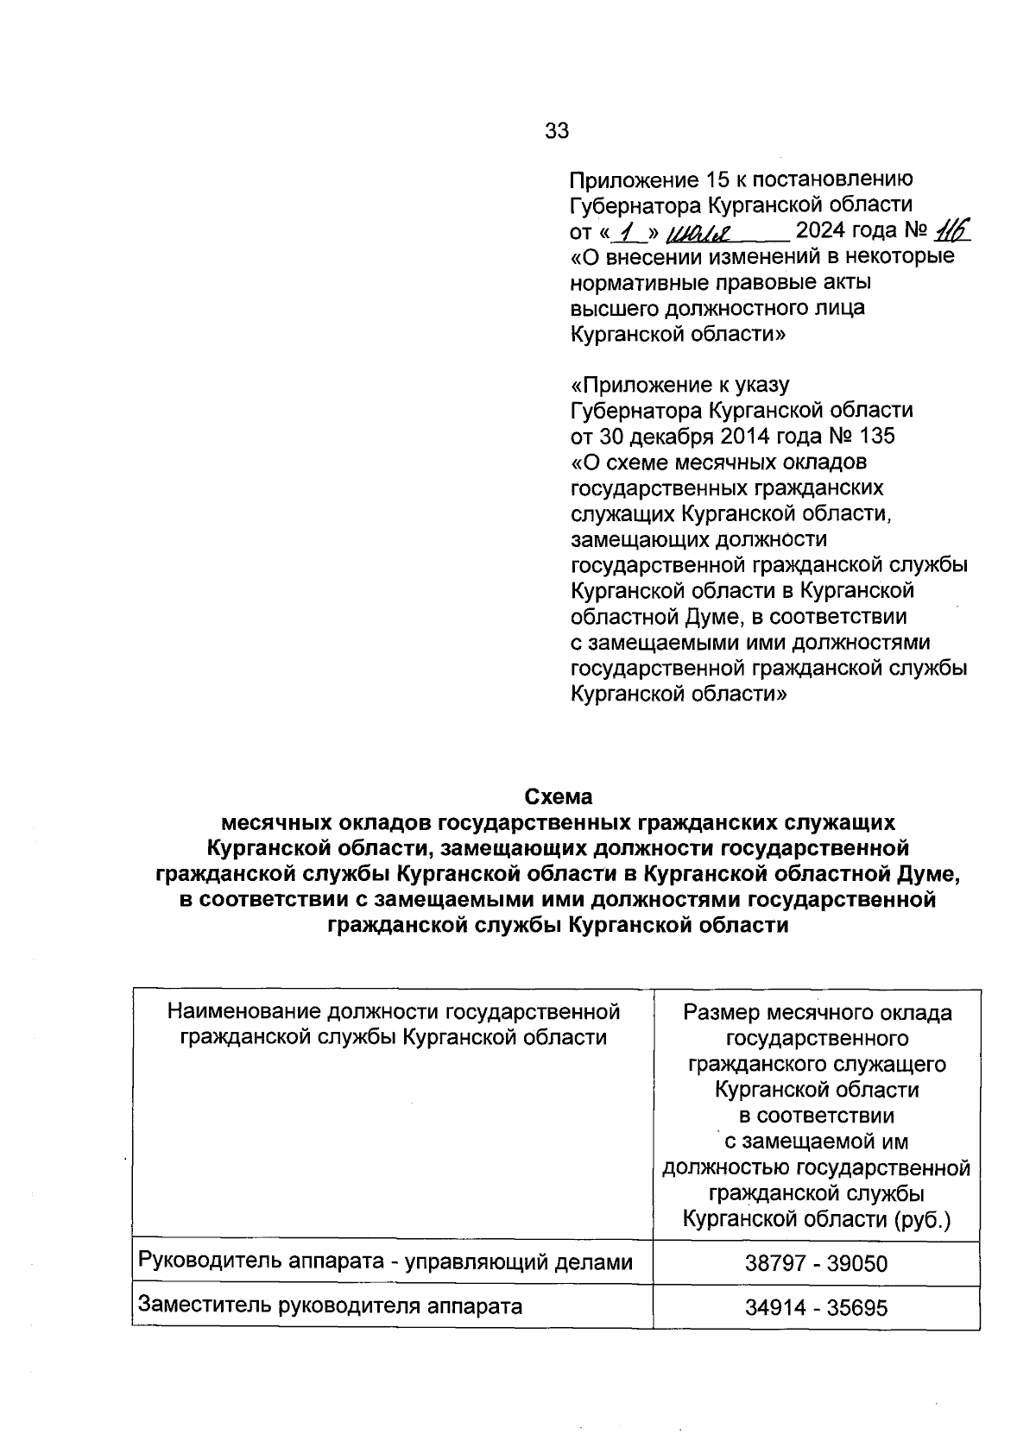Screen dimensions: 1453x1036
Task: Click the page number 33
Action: (557, 130)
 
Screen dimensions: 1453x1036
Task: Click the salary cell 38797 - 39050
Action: (816, 1264)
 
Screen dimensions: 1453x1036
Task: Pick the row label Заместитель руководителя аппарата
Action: (330, 1305)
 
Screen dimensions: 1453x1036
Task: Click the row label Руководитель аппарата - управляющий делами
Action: (385, 1261)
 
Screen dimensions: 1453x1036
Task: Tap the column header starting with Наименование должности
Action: (393, 1023)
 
